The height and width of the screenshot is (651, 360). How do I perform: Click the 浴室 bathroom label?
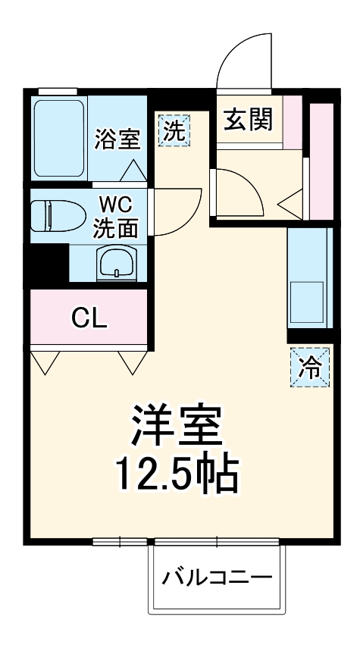[x=117, y=139]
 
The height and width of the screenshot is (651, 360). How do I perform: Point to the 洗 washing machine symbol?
[x=174, y=130]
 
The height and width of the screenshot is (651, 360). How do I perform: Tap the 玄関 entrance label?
[x=248, y=119]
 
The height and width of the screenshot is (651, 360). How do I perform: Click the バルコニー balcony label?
[x=217, y=580]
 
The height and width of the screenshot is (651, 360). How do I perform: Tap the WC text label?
[x=115, y=205]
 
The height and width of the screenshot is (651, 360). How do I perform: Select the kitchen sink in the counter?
[x=308, y=302]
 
